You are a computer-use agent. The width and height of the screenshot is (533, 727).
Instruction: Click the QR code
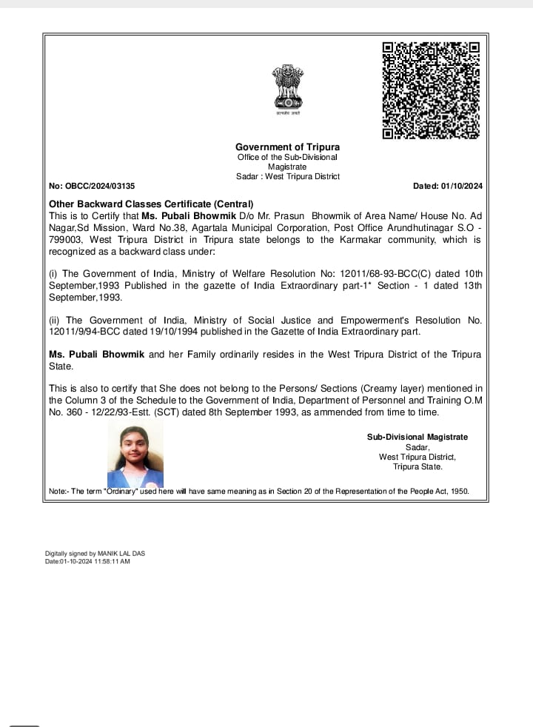(431, 90)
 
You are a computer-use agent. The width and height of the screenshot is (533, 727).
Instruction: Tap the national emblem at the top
(287, 87)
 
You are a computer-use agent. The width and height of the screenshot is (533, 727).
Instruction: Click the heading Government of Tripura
(287, 147)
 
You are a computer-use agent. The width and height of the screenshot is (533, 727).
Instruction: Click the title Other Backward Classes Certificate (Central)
(151, 204)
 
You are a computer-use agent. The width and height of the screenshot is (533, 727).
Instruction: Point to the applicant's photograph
(135, 456)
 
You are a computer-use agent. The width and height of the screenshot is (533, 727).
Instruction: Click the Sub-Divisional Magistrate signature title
(418, 437)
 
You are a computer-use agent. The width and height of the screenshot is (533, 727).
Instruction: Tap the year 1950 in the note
(460, 492)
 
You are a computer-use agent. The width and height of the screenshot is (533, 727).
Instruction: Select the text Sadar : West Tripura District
(287, 176)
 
